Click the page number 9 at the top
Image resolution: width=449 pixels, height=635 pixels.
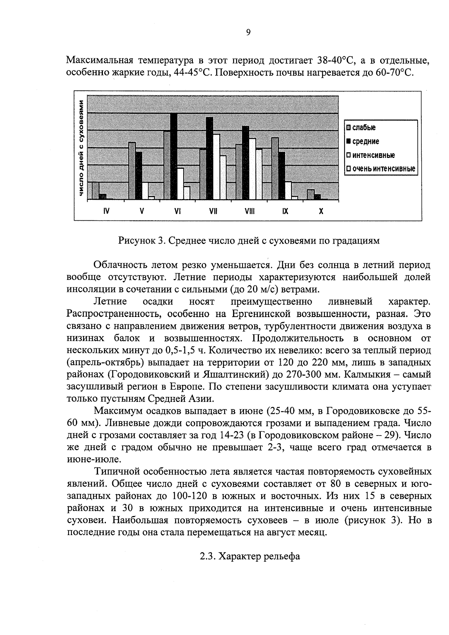coord(248,33)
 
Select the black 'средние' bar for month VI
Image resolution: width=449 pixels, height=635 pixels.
coord(174,156)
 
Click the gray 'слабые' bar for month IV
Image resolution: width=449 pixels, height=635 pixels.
coord(96,190)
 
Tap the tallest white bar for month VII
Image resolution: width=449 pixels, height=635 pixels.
coord(216,167)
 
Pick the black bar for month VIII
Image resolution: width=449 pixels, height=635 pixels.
coord(245,162)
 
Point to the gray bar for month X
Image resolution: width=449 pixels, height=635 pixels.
coord(310,195)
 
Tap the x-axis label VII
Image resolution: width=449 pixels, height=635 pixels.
coord(213,211)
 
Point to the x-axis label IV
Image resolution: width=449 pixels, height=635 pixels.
coord(106,211)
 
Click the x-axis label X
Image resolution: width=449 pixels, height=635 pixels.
coord(321,211)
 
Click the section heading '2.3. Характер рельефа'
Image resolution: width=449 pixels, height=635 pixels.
coord(250,556)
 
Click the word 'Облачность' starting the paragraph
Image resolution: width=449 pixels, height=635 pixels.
coord(120,265)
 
